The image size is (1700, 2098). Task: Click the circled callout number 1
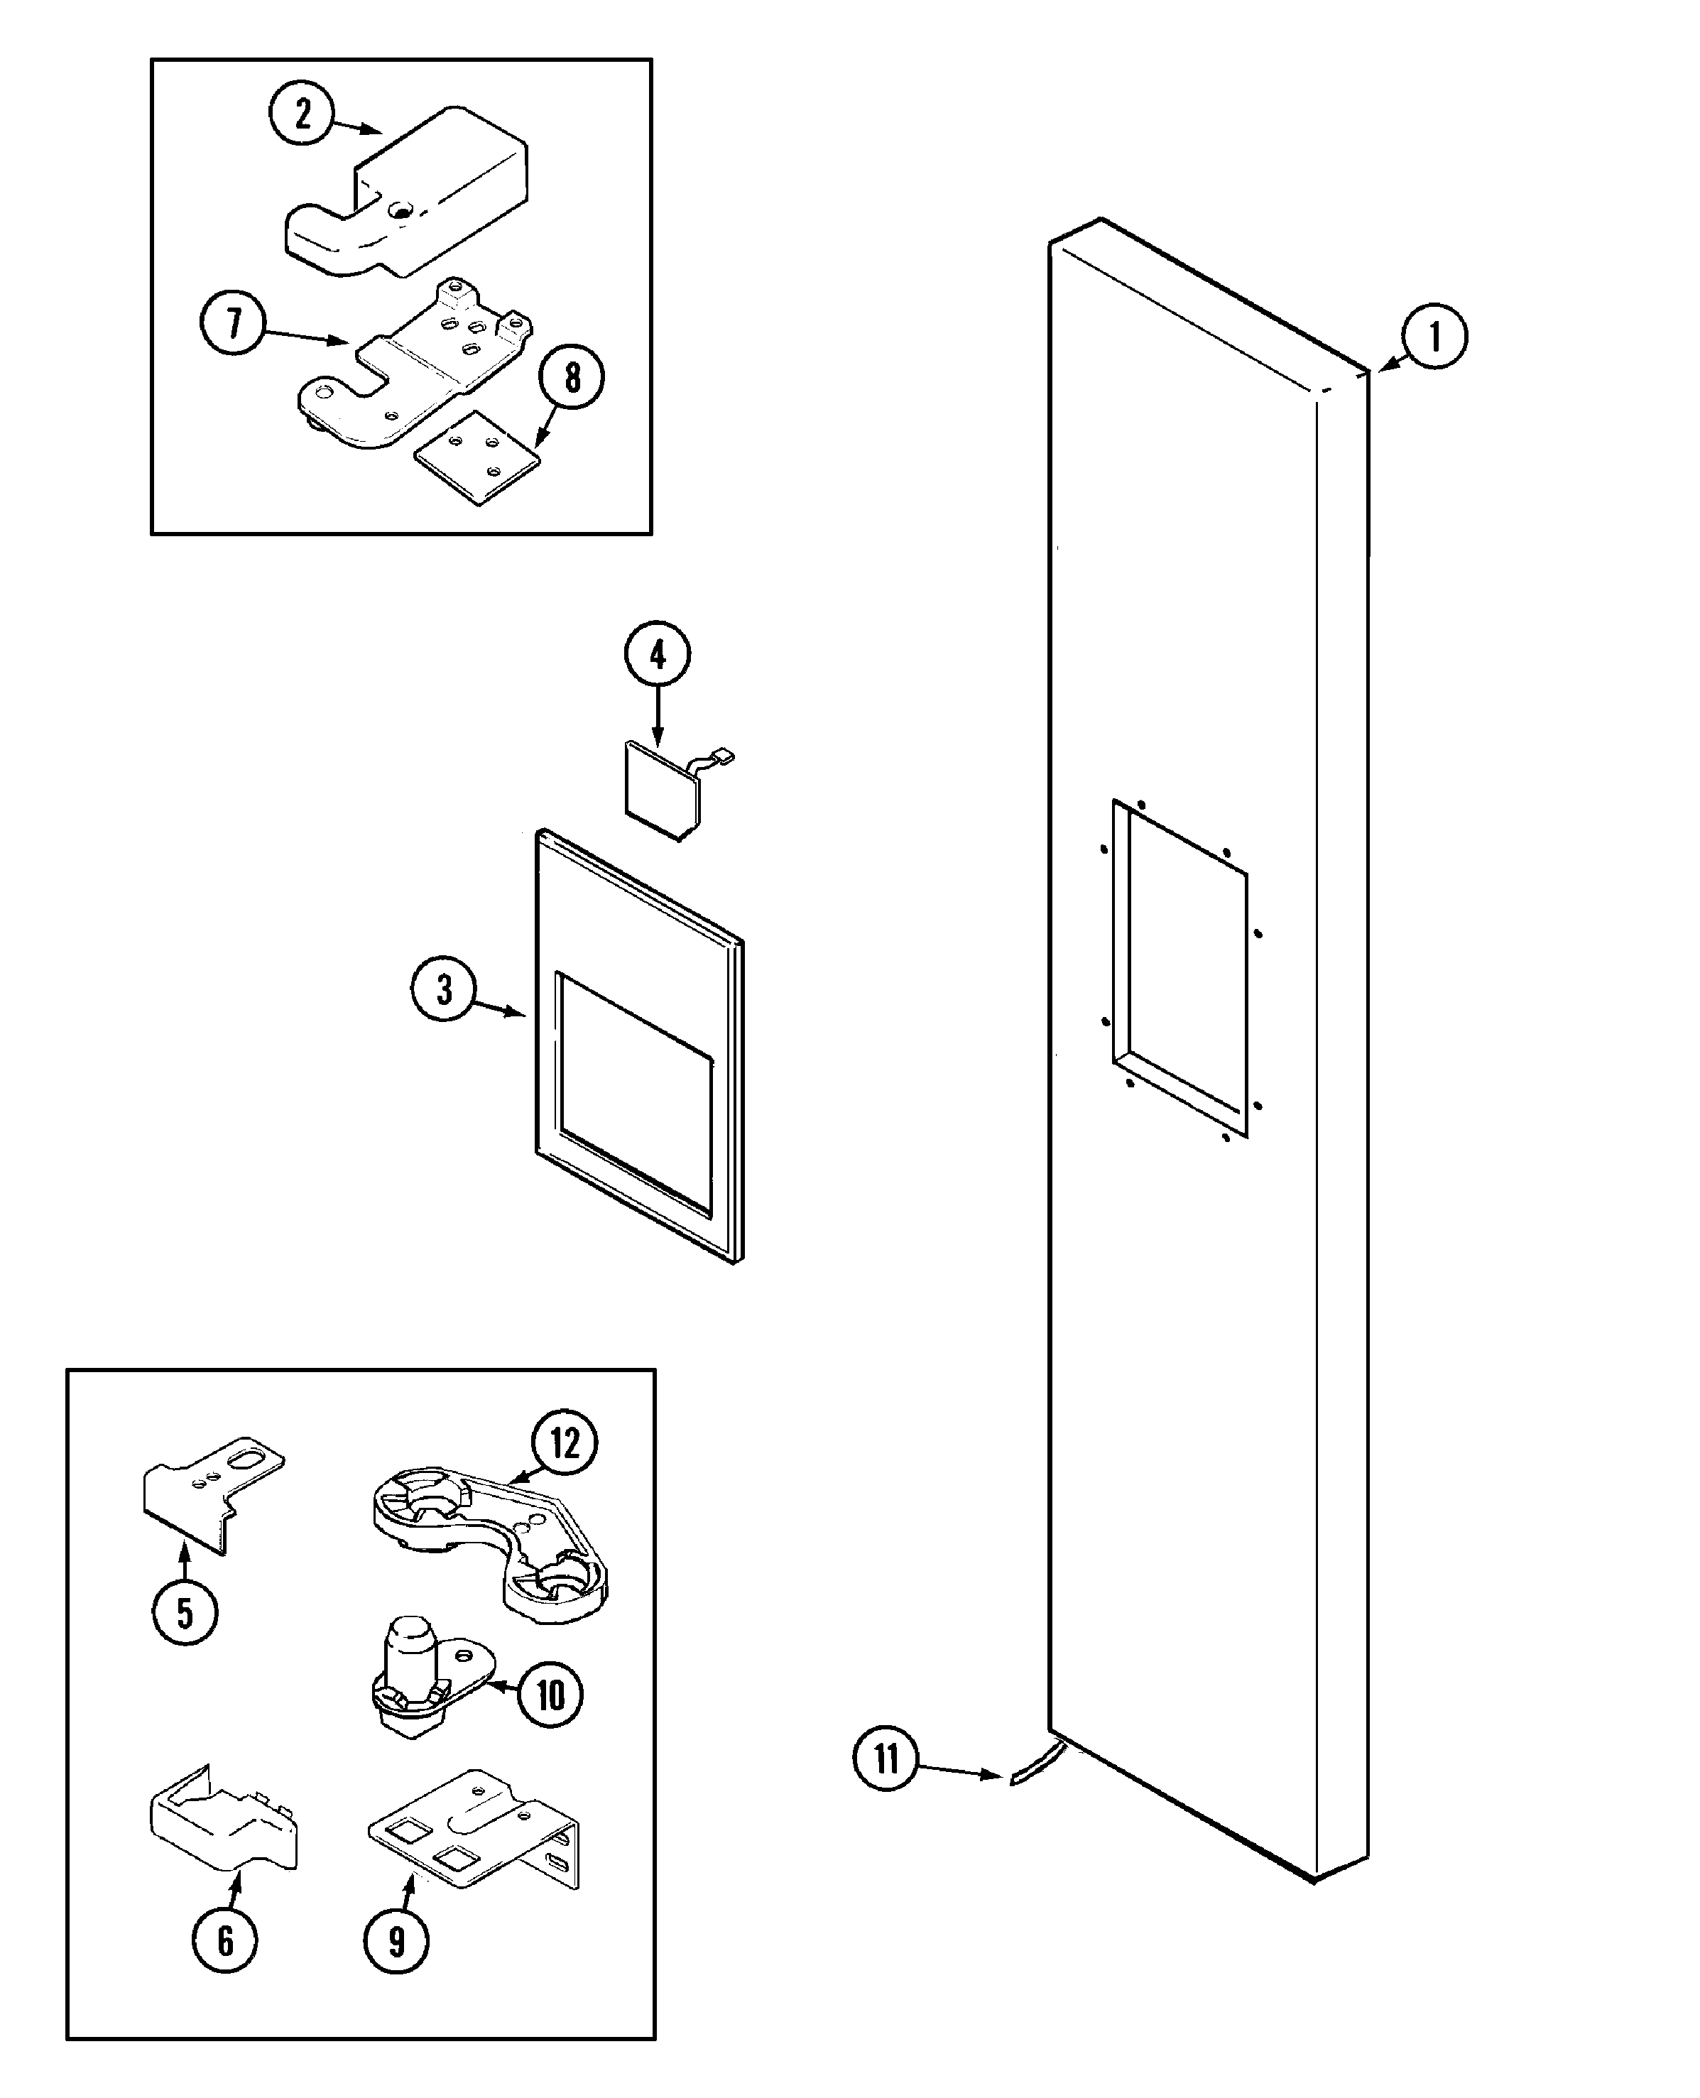point(1434,337)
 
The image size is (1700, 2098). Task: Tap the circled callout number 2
point(303,113)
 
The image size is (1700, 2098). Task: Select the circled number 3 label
point(444,989)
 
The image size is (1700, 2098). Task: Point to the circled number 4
point(657,653)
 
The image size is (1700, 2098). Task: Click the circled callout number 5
point(185,1613)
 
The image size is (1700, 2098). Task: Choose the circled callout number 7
point(233,322)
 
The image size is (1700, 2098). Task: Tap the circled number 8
point(572,377)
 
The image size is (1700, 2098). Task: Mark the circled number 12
point(564,1442)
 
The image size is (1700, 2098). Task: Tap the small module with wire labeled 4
point(664,791)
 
